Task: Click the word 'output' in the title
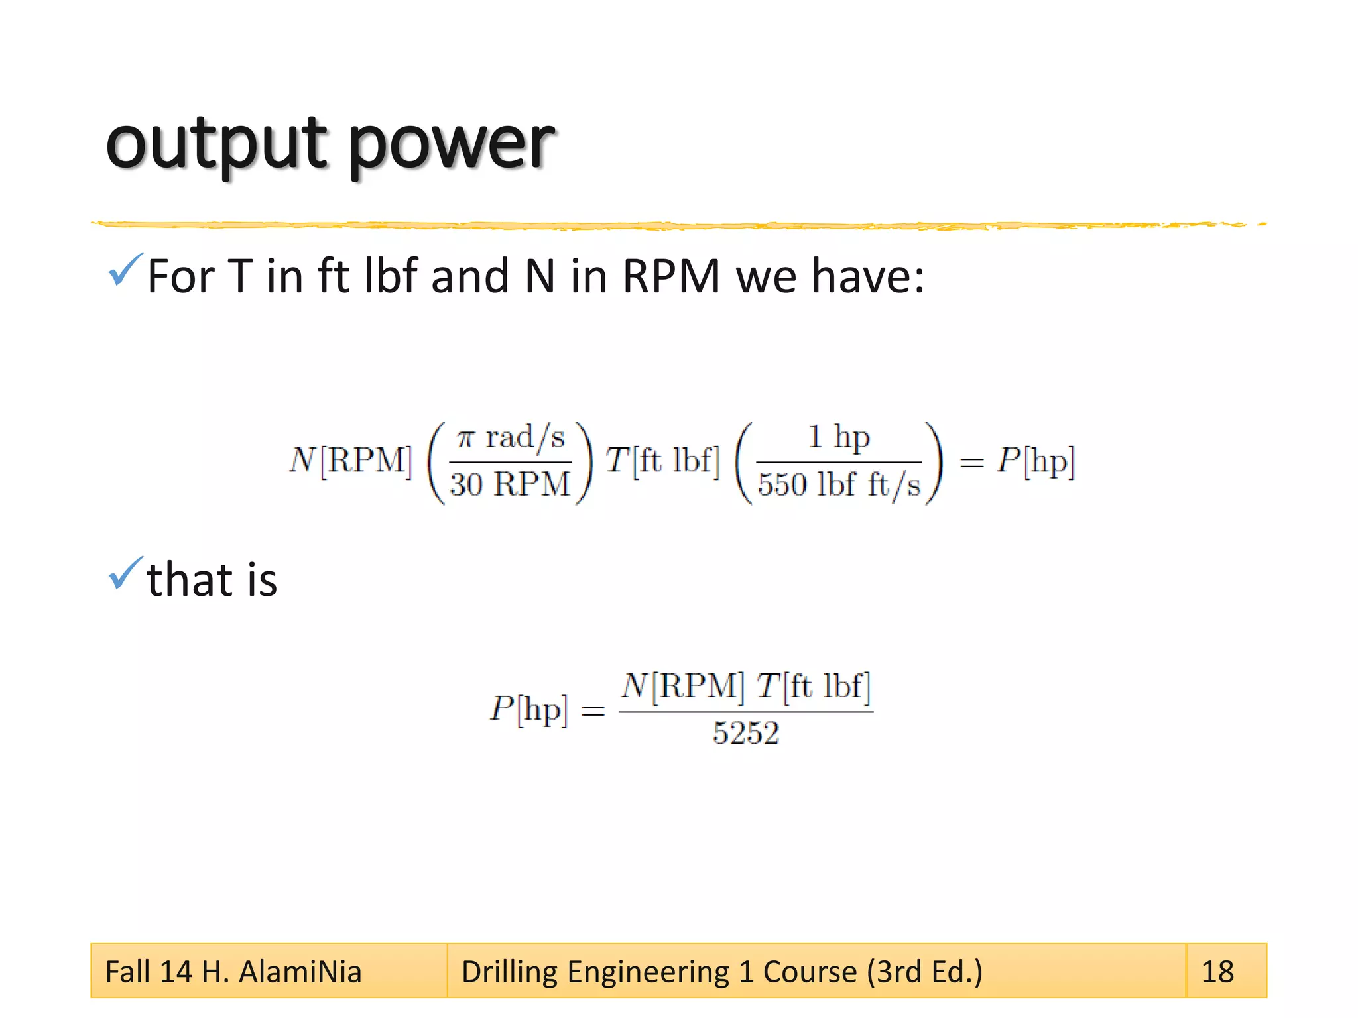coord(216,144)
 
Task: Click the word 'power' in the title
coord(452,146)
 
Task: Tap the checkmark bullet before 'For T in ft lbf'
coord(125,270)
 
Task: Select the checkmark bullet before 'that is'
coord(125,573)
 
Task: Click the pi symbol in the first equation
coord(466,438)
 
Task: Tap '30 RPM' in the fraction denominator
coord(510,484)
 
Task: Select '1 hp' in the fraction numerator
coord(838,437)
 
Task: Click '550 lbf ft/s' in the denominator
coord(839,484)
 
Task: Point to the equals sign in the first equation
coord(971,463)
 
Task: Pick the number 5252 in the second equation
coord(745,733)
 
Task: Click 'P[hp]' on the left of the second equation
coord(528,709)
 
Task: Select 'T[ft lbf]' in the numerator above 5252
coord(814,686)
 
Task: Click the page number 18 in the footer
coord(1217,972)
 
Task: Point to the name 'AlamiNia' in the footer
coord(300,972)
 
